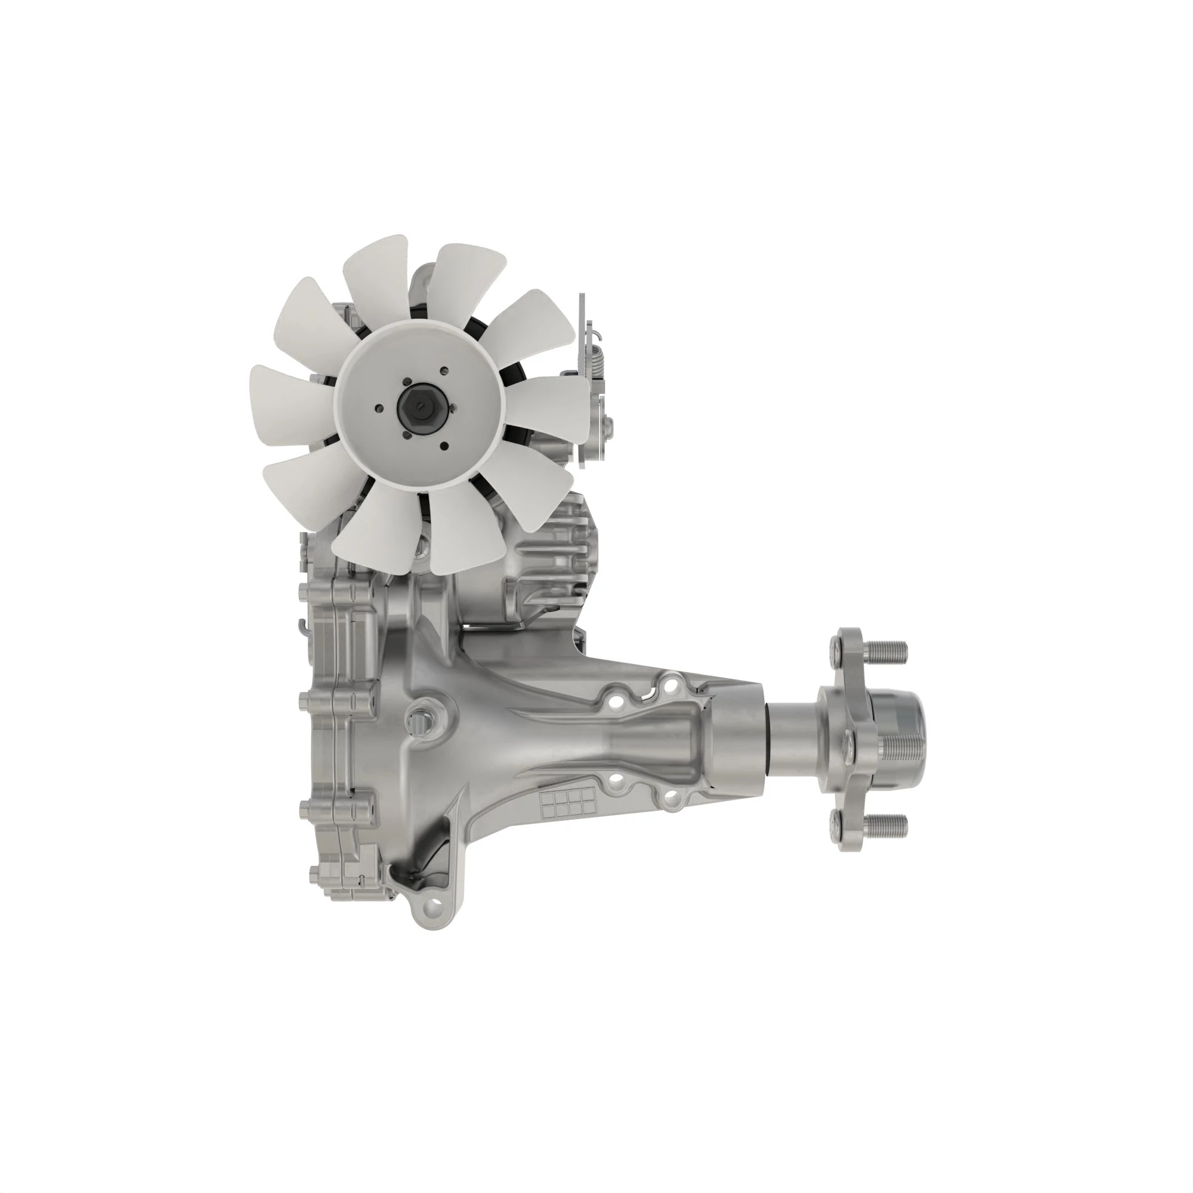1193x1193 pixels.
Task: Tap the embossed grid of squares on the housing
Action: [567, 802]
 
